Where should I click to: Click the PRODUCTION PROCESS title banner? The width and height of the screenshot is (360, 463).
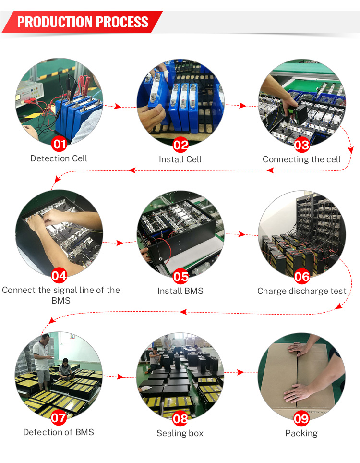click(83, 22)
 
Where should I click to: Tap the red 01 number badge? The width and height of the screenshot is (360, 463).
click(59, 144)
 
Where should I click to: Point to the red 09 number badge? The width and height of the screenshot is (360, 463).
click(301, 418)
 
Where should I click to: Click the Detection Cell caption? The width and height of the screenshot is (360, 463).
click(59, 158)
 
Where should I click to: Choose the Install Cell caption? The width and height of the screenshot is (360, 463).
click(180, 159)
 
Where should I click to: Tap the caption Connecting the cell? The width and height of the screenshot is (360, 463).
click(301, 159)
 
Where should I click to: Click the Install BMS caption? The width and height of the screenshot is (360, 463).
click(180, 291)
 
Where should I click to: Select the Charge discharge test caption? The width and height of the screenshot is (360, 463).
click(301, 291)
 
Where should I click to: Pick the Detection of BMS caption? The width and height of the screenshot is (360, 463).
click(59, 432)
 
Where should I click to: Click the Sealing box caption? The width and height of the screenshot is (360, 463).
click(180, 433)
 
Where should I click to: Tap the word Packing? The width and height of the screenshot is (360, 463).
click(301, 433)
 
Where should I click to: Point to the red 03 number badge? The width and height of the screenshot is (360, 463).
click(301, 144)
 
